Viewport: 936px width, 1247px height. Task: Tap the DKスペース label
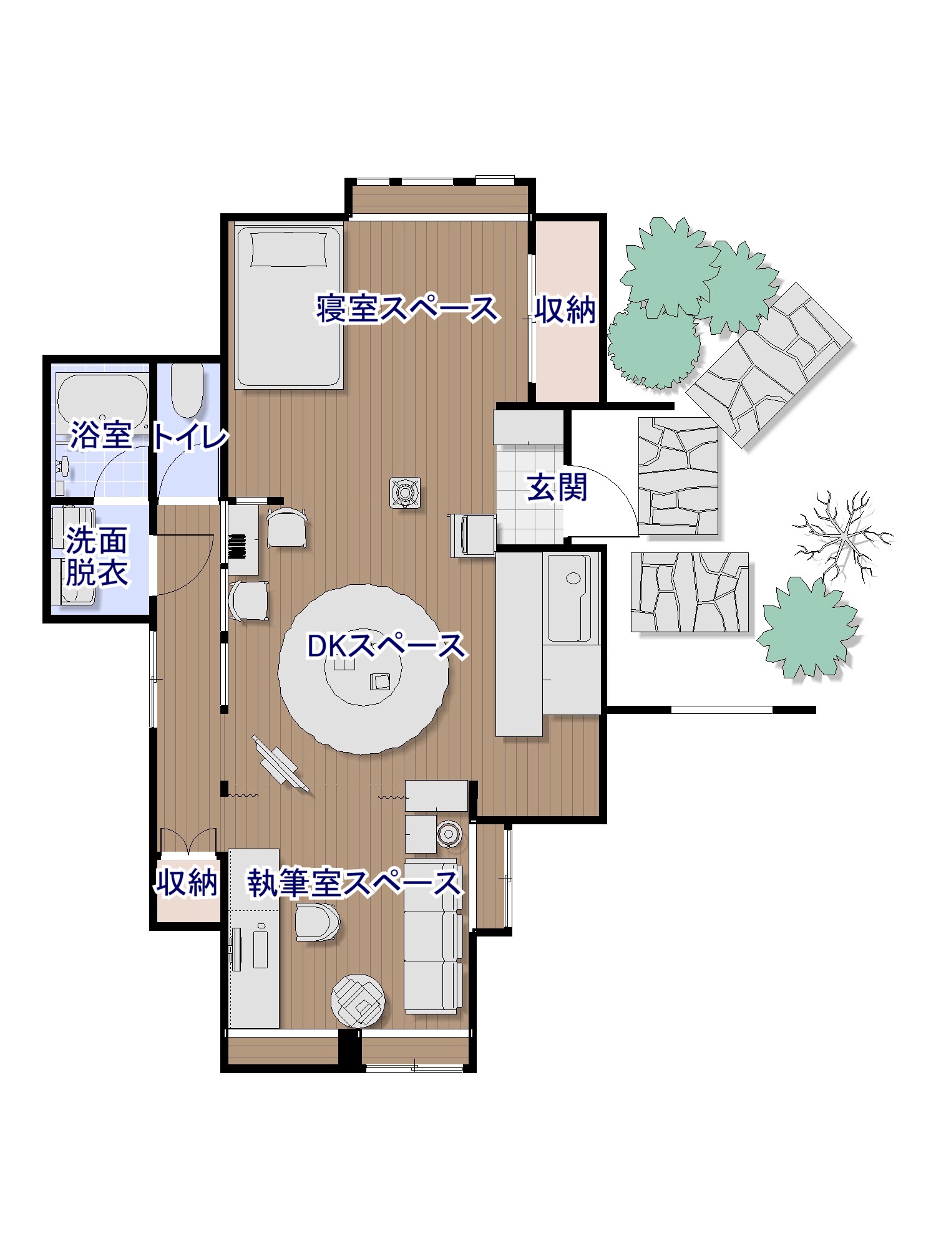pos(386,646)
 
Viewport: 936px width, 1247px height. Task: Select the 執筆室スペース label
pos(354,883)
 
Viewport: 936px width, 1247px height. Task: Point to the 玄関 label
pos(557,487)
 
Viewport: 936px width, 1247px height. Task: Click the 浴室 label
pos(100,435)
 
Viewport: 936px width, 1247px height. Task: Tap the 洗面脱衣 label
pos(97,556)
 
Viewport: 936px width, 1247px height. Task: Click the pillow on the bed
pos(288,249)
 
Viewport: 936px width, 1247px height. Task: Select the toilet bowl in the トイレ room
pos(187,389)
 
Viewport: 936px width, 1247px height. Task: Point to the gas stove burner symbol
pos(405,493)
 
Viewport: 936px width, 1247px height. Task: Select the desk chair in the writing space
pos(317,922)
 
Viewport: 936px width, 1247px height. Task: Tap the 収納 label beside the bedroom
pos(565,309)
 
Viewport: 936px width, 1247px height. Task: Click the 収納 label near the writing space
pos(187,882)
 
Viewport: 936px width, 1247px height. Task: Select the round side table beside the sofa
pos(449,833)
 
